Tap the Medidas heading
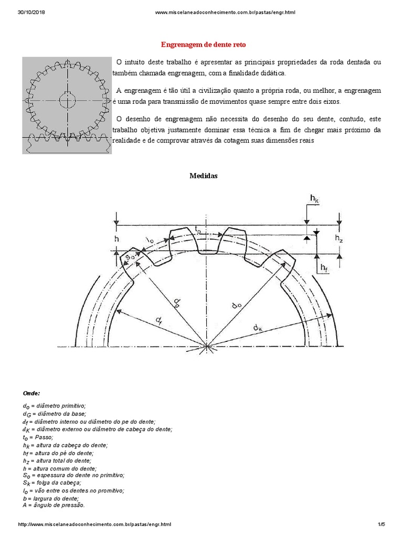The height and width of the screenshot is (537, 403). pos(203,176)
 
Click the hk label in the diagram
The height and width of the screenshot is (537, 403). pos(314,199)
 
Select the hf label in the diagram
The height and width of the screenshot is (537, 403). pos(324,268)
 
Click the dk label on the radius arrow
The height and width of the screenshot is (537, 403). pos(258,328)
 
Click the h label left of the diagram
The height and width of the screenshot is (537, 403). pos(117,238)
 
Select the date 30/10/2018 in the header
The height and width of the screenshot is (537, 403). pos(30,12)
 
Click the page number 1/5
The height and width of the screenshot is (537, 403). pos(381,524)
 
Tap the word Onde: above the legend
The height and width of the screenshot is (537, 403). pos(31,393)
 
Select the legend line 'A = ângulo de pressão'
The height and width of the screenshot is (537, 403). pos(54,505)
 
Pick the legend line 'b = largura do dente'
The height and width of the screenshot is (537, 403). pos(50,498)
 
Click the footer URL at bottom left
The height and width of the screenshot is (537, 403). pos(94,524)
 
